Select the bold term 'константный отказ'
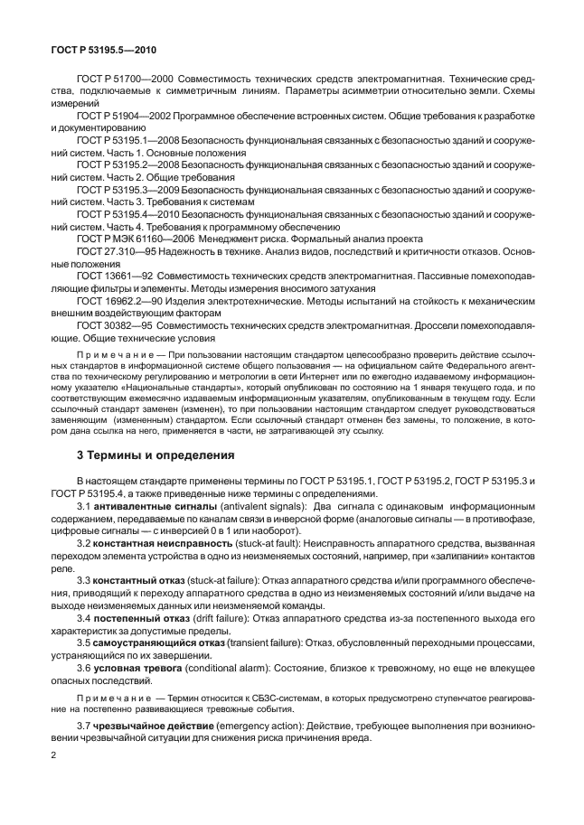coord(144,578)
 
